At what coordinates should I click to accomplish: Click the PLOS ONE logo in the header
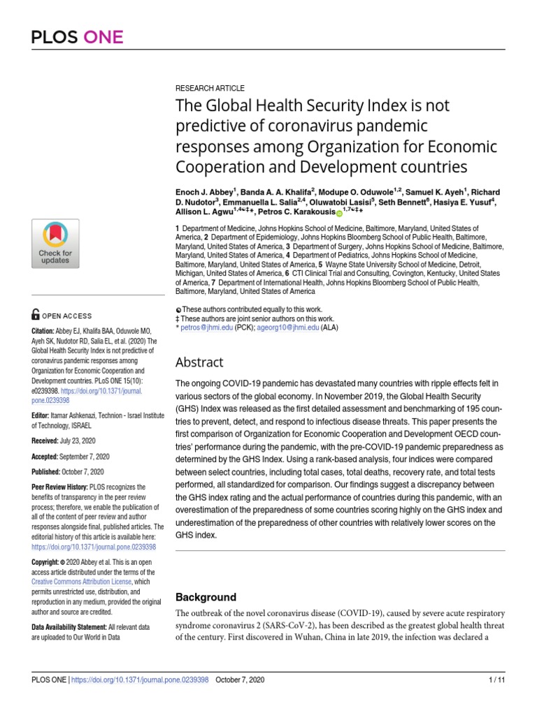(77, 36)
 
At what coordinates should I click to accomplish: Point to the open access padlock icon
(36, 315)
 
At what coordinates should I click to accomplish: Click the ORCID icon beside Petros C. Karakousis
(340, 213)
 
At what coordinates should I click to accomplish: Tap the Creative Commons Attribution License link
(83, 582)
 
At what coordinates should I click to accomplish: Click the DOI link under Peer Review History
(94, 548)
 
